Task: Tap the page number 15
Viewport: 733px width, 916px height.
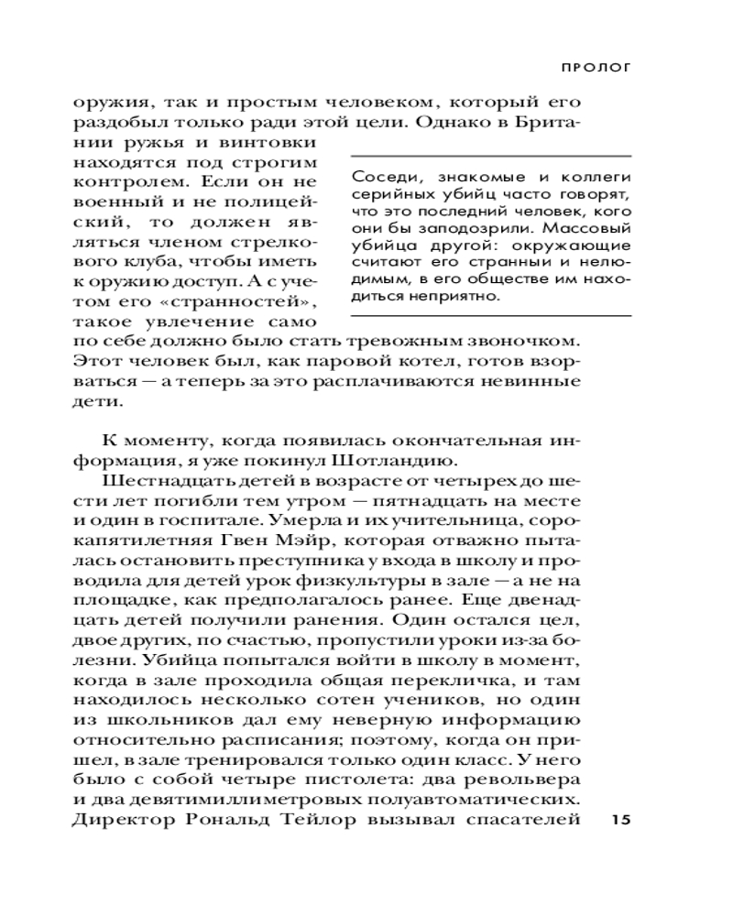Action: tap(620, 819)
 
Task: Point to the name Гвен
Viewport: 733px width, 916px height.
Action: tap(270, 521)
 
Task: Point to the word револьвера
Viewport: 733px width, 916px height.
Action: tap(535, 779)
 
